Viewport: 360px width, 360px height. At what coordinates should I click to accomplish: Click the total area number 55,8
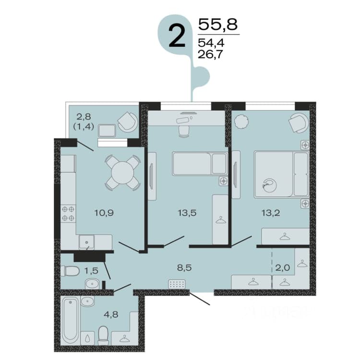217,24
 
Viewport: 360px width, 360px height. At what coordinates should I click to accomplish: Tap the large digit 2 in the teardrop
177,36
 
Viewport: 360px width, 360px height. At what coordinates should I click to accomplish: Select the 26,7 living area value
210,54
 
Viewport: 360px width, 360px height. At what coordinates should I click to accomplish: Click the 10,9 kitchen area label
104,213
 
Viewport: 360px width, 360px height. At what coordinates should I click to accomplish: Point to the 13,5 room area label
187,213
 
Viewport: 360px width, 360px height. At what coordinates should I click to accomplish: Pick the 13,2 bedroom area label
271,213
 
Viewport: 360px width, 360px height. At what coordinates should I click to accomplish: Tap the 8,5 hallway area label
184,268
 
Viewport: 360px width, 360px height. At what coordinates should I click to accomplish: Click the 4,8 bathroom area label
111,314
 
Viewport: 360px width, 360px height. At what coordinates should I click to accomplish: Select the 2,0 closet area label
283,268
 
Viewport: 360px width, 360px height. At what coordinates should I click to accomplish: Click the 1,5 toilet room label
91,271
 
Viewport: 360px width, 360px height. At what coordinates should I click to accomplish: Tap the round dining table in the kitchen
122,173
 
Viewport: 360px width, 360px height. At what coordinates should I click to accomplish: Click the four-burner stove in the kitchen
68,213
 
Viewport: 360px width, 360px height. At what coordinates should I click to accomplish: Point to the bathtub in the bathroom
71,320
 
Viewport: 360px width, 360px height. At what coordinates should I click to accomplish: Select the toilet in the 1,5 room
70,271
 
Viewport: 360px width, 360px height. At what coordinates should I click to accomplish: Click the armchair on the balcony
128,122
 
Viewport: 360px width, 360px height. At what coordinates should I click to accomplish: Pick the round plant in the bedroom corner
241,121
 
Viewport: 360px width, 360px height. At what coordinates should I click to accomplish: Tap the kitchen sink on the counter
86,242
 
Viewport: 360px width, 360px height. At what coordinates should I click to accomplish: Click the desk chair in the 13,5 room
184,132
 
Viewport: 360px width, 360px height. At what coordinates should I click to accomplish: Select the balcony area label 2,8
84,117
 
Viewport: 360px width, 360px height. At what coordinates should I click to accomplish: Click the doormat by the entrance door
177,284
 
